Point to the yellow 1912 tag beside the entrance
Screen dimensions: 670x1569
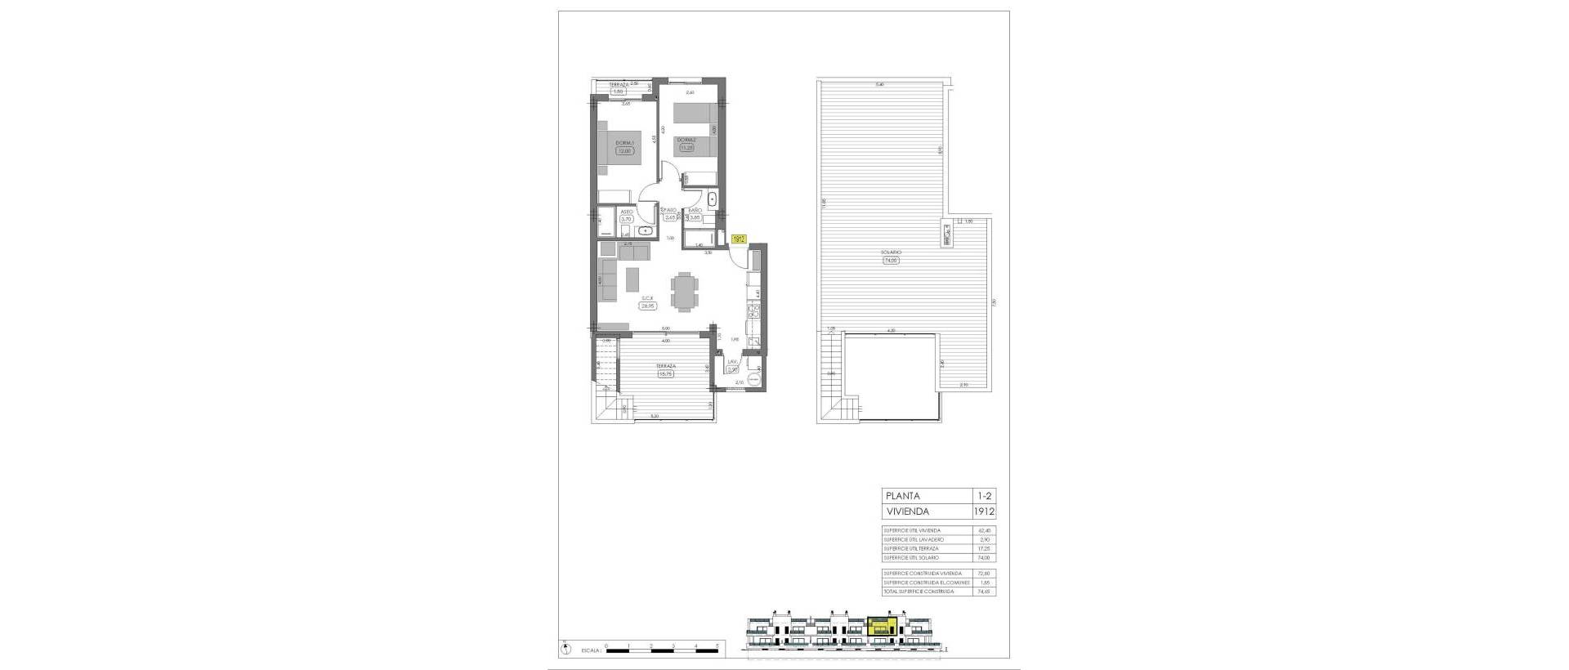coord(738,239)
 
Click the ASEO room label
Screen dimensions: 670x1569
coord(627,211)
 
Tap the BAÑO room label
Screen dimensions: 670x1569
coord(695,211)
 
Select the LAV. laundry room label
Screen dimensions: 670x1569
coord(733,360)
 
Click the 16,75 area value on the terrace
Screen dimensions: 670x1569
coord(665,374)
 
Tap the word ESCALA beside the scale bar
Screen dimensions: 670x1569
coord(592,652)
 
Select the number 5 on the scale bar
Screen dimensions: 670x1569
coord(717,645)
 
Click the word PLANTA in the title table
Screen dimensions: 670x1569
coord(902,496)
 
